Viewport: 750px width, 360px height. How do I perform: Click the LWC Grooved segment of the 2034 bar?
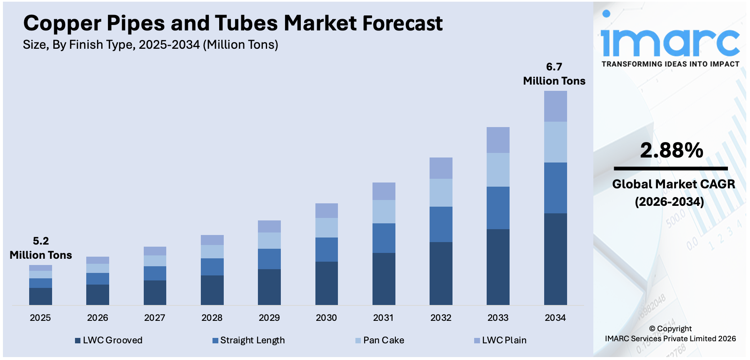click(x=555, y=259)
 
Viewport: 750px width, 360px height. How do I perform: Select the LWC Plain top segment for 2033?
click(x=498, y=140)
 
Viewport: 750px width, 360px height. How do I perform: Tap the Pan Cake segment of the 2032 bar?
click(x=441, y=192)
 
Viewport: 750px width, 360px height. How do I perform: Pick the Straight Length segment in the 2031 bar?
click(x=384, y=238)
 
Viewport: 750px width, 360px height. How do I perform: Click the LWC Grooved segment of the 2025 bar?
click(x=40, y=296)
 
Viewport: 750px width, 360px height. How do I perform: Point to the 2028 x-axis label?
click(x=212, y=318)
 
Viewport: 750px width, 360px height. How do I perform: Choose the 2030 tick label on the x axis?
click(x=326, y=318)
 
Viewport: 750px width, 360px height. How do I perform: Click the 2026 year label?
click(x=97, y=318)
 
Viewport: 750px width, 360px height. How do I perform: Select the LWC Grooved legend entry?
click(x=109, y=340)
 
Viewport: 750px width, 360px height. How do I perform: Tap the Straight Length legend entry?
click(x=249, y=340)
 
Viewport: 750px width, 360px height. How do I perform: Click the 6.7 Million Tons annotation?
click(x=554, y=74)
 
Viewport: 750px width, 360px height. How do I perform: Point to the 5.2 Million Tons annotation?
click(x=41, y=248)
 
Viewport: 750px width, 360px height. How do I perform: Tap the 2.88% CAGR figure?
click(x=671, y=151)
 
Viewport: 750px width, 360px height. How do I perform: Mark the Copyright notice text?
click(x=670, y=334)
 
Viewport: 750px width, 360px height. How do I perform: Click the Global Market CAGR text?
click(x=673, y=184)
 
